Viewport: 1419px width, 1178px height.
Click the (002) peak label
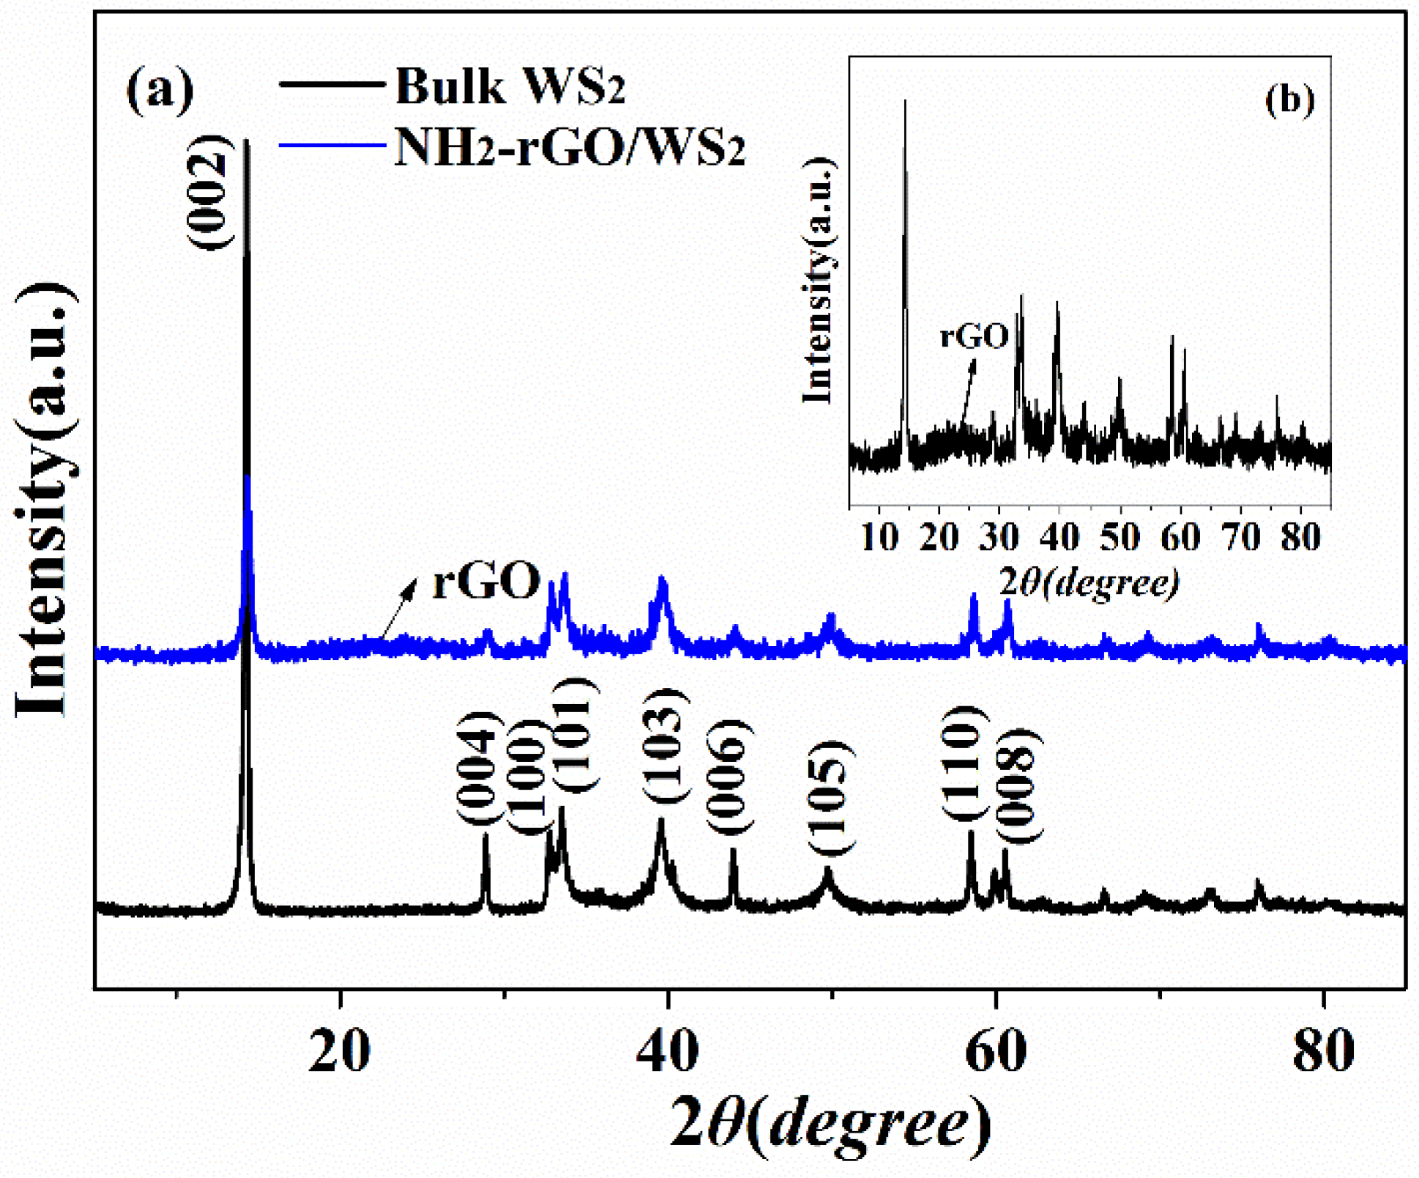210,192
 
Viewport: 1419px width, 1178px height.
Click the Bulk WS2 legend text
510,86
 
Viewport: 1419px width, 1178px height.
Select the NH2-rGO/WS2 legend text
570,147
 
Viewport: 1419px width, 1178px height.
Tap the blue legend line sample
332,145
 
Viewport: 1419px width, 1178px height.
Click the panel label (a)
160,89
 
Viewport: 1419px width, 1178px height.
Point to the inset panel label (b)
1290,100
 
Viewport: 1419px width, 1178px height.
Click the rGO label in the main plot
486,581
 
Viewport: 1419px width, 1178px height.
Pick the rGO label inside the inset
975,336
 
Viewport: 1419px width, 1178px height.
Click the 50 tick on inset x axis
1119,538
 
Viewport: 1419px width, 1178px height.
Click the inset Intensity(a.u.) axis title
819,281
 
